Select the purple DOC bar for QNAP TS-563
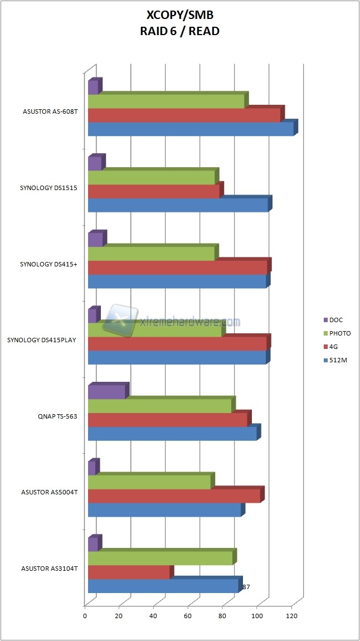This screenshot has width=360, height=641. tap(106, 392)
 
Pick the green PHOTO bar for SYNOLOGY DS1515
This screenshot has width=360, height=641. tap(151, 177)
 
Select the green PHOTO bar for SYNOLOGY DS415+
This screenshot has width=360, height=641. tap(151, 254)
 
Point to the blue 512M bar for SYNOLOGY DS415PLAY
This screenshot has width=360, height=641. tap(177, 358)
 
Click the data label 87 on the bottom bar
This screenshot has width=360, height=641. tap(246, 587)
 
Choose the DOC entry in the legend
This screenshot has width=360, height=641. tap(336, 320)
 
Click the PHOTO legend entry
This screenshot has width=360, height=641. tap(339, 333)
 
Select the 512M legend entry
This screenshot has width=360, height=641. tap(337, 360)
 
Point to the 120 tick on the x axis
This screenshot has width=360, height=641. tap(291, 616)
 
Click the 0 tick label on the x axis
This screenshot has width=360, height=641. tap(85, 616)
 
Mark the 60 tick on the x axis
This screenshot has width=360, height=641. tap(188, 616)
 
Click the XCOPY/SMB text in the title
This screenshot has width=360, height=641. tap(179, 17)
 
